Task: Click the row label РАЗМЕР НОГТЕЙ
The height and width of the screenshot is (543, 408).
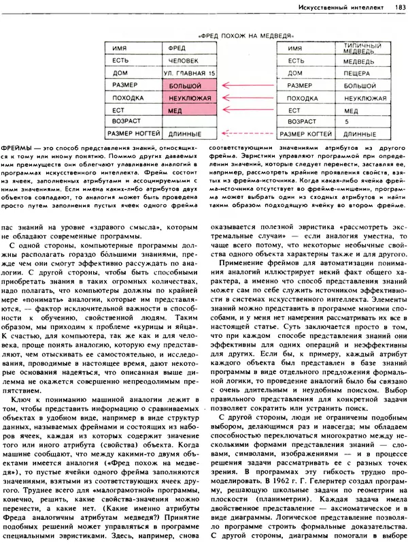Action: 131,135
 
